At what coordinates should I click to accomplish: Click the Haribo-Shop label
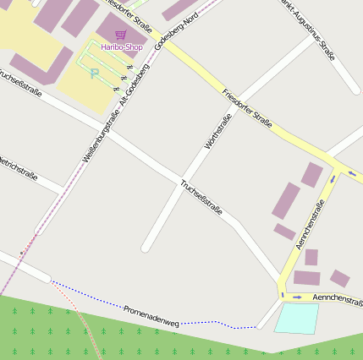tap(121, 47)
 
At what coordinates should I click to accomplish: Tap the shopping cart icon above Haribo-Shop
tap(121, 35)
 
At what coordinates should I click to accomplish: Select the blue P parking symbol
tap(95, 74)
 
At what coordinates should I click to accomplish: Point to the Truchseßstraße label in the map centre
tap(201, 197)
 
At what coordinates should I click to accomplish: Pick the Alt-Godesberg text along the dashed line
tap(135, 85)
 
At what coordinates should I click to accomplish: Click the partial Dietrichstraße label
tap(19, 167)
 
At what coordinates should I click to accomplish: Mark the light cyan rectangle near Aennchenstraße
tap(297, 318)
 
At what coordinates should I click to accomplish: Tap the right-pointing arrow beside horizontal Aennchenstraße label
tap(296, 297)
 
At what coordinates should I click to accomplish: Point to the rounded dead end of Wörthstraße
tap(146, 247)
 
